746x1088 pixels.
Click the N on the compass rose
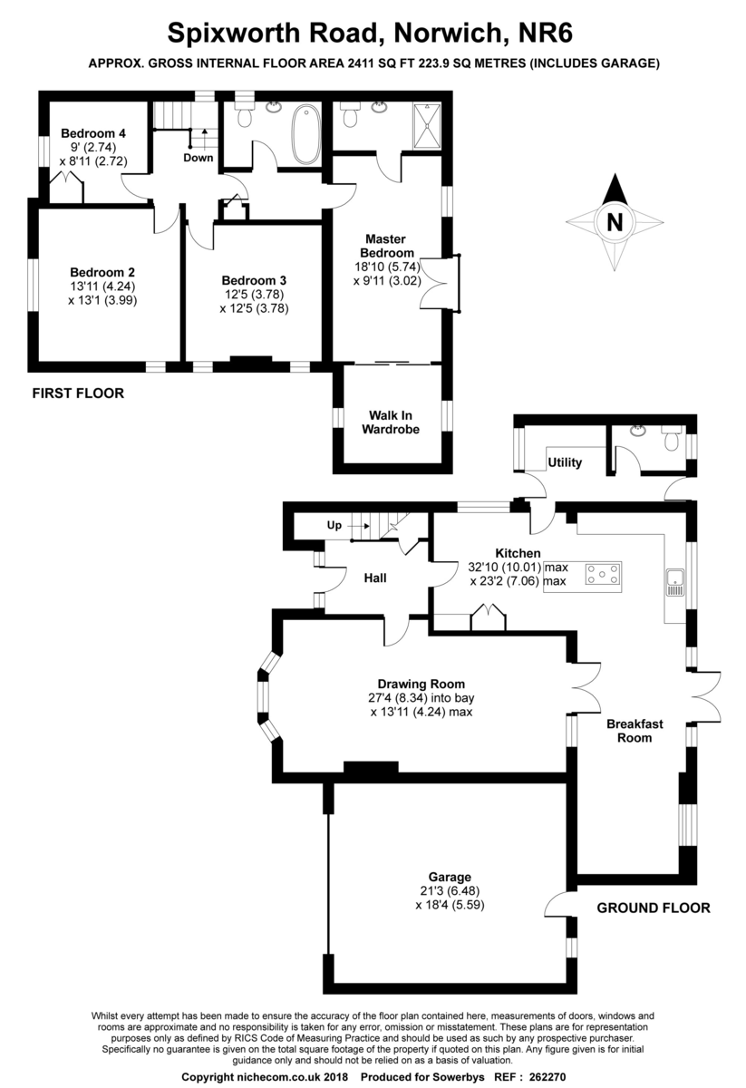615,222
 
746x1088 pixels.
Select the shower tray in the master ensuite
427,126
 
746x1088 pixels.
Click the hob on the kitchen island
603,574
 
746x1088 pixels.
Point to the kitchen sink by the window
675,582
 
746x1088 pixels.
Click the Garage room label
450,877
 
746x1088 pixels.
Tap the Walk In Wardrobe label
391,423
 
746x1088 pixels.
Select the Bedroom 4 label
93,133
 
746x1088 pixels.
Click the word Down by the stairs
199,158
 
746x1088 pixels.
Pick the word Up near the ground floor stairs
334,526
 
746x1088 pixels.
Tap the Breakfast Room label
635,731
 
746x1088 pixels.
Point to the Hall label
375,578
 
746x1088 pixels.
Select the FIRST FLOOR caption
78,393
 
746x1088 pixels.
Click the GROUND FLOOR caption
654,908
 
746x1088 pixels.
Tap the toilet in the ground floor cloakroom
673,439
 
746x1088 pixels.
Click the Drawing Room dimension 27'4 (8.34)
397,698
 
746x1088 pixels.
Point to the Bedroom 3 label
254,280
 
